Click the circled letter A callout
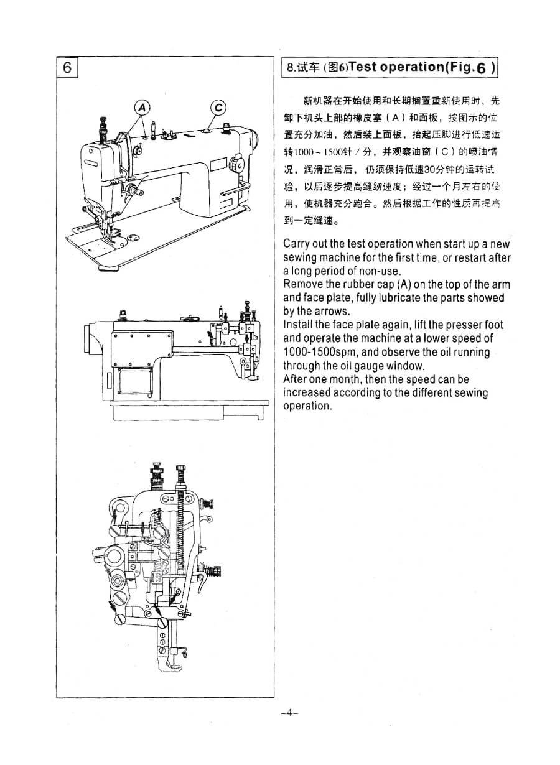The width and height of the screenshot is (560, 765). coord(142,108)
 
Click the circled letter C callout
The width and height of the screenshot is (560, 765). coord(218,108)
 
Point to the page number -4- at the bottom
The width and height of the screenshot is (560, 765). coord(289,713)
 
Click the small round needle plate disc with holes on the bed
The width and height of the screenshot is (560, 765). coord(132,238)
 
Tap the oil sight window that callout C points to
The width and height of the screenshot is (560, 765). coord(205,131)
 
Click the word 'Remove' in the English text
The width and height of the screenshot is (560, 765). coord(302,284)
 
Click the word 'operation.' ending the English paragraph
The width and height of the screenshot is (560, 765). coord(307,406)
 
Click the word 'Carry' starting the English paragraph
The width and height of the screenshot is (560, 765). coord(297,244)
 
